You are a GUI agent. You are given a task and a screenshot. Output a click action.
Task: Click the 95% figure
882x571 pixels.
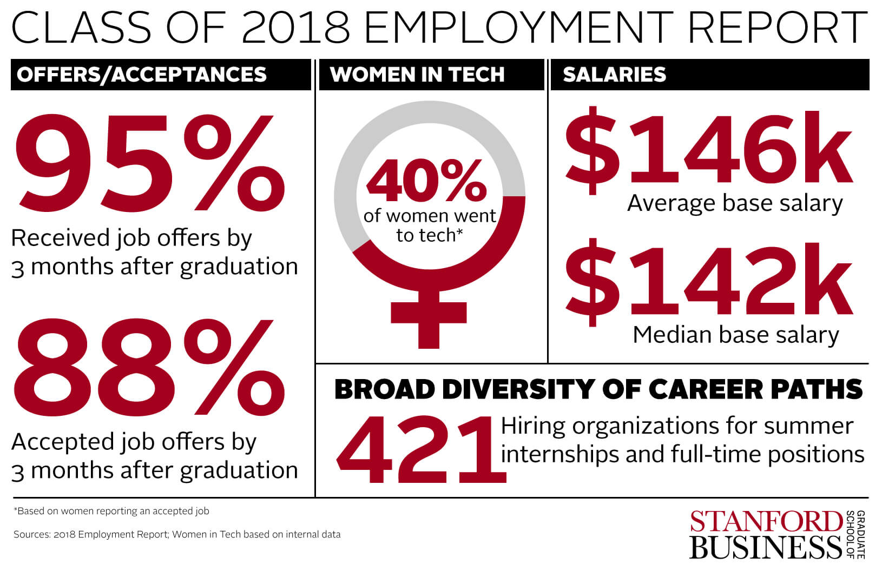[x=149, y=162]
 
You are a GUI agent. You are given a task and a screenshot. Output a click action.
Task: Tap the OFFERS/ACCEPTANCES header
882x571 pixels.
[x=142, y=75]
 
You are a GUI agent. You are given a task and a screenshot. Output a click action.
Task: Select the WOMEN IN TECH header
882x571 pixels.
[x=417, y=75]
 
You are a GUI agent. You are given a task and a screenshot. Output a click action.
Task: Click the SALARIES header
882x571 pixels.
[x=614, y=75]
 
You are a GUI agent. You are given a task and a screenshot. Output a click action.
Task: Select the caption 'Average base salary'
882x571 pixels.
[x=735, y=203]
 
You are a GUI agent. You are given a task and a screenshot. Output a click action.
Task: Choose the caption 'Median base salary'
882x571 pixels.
[x=735, y=335]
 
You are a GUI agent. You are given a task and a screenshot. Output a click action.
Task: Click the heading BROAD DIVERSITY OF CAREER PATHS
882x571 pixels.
[x=598, y=389]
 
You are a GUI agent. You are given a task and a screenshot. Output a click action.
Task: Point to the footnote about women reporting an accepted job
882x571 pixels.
[x=111, y=511]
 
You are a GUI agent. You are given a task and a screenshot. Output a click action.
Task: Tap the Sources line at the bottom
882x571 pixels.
[x=177, y=534]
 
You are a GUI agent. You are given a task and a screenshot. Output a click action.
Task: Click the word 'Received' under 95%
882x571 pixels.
[x=52, y=238]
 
